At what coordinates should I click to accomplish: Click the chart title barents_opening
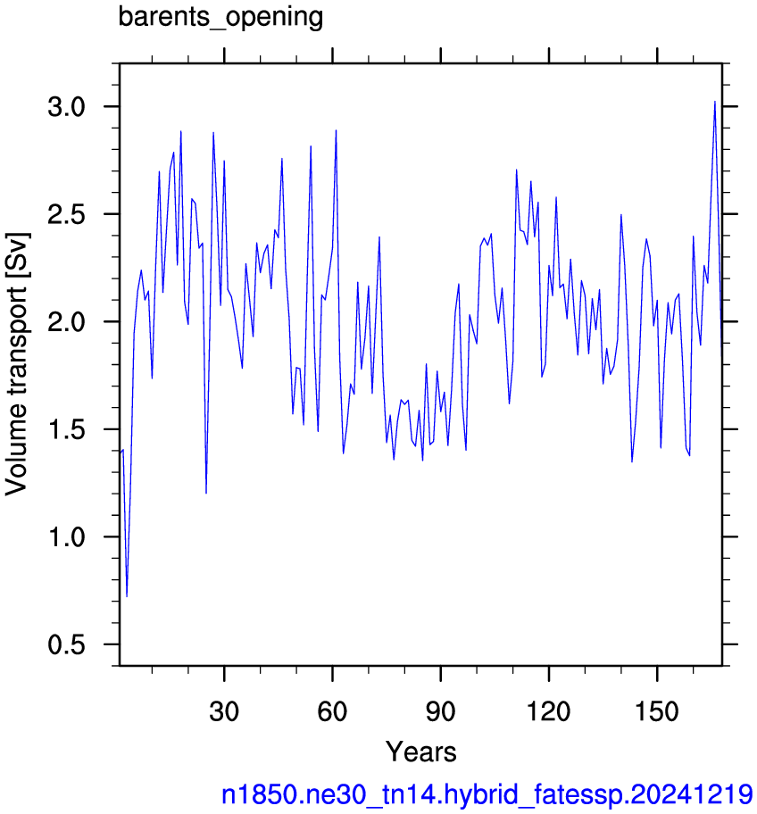tap(220, 17)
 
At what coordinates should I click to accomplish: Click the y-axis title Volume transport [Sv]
tap(17, 363)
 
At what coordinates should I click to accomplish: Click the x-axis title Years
tap(420, 752)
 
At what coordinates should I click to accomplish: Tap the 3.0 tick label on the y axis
tap(66, 107)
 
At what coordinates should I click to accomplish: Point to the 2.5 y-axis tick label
tap(66, 214)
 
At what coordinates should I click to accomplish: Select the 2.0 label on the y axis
tap(66, 322)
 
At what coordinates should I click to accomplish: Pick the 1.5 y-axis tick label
tap(66, 429)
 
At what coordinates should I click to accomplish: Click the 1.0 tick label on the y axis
tap(66, 536)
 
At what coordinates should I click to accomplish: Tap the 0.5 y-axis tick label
tap(66, 644)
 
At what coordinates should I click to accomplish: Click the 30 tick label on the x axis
tap(224, 710)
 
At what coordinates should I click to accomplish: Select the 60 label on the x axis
tap(332, 710)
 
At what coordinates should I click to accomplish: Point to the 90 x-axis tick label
tap(441, 710)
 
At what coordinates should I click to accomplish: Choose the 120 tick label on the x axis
tap(549, 710)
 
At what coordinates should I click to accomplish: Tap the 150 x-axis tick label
tap(657, 710)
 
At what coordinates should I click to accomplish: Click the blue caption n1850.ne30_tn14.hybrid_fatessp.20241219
tap(487, 794)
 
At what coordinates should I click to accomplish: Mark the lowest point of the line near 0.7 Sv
tap(127, 597)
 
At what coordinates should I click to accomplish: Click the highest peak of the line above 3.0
tap(715, 102)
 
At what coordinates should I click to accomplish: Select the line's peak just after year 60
tap(336, 130)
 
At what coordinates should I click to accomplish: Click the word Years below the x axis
tap(420, 752)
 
